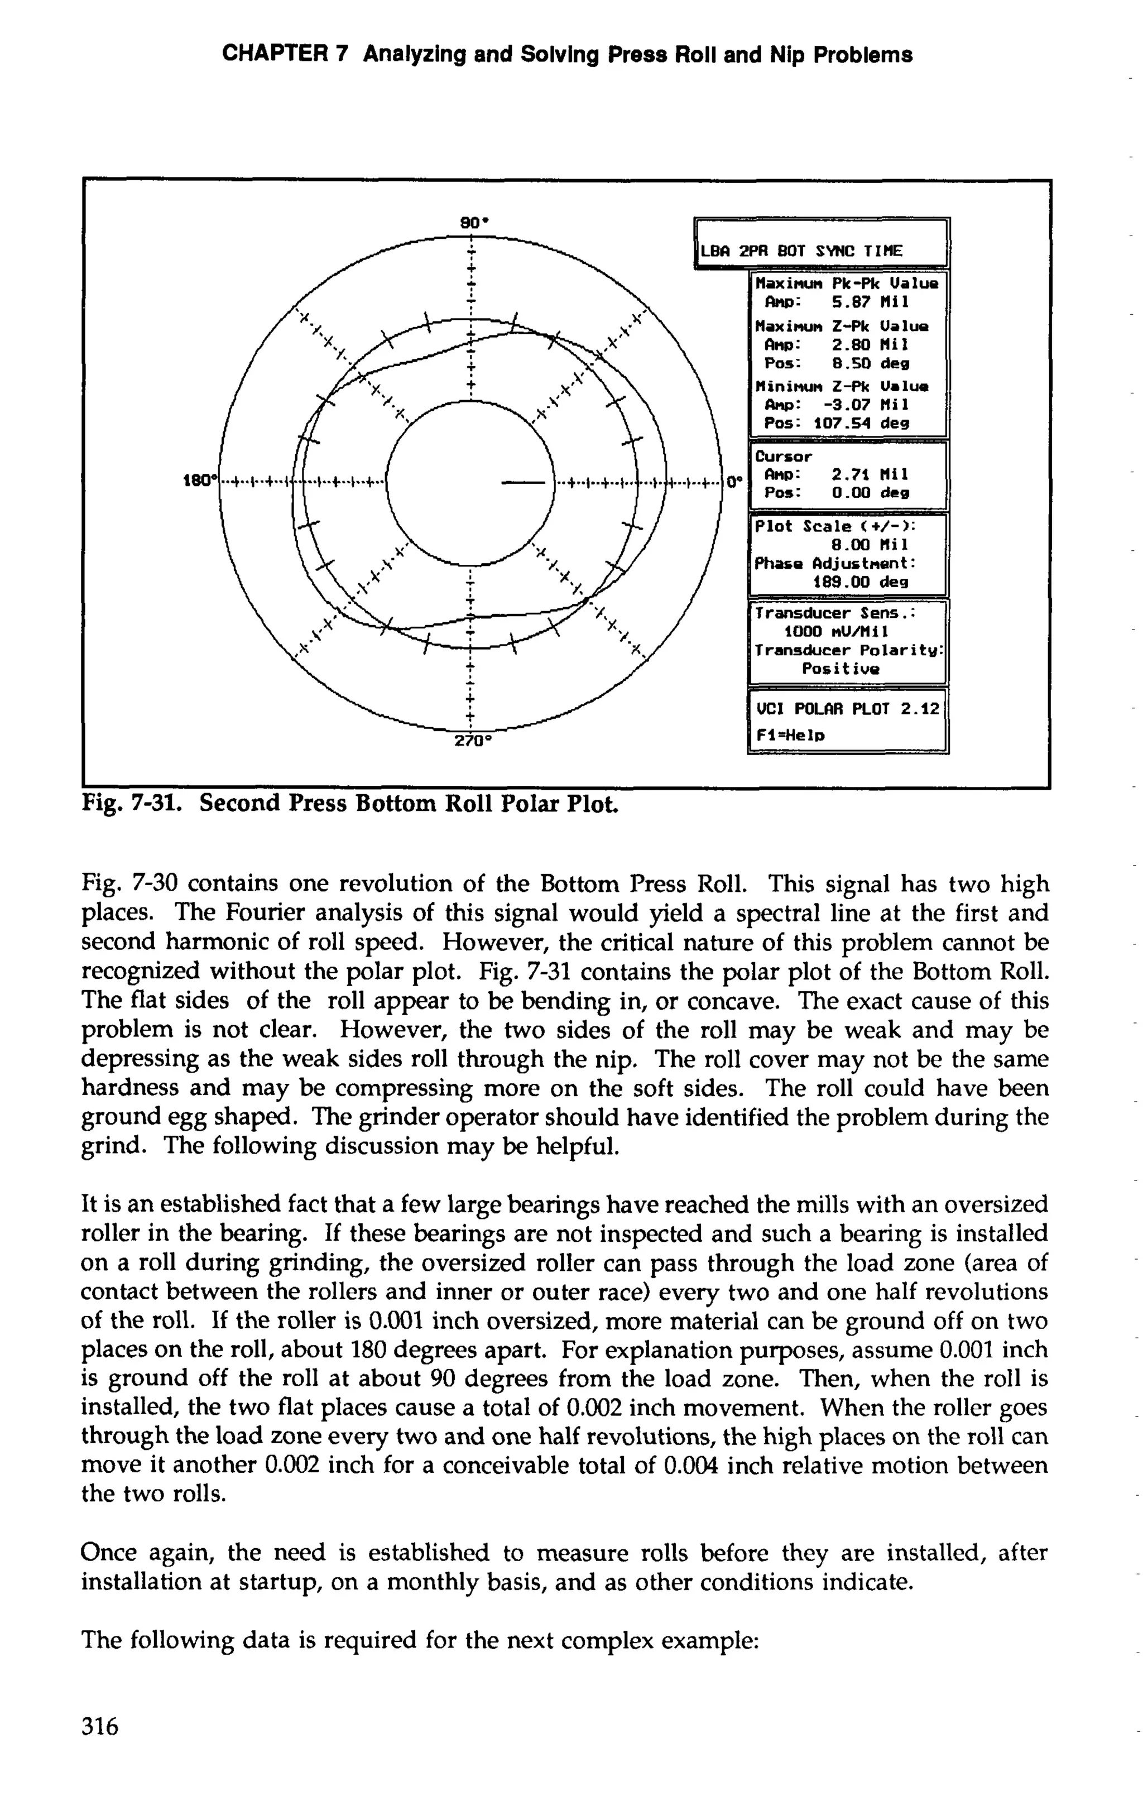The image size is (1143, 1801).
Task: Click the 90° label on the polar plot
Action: [x=473, y=223]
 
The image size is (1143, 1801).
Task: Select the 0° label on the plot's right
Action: [x=734, y=482]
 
